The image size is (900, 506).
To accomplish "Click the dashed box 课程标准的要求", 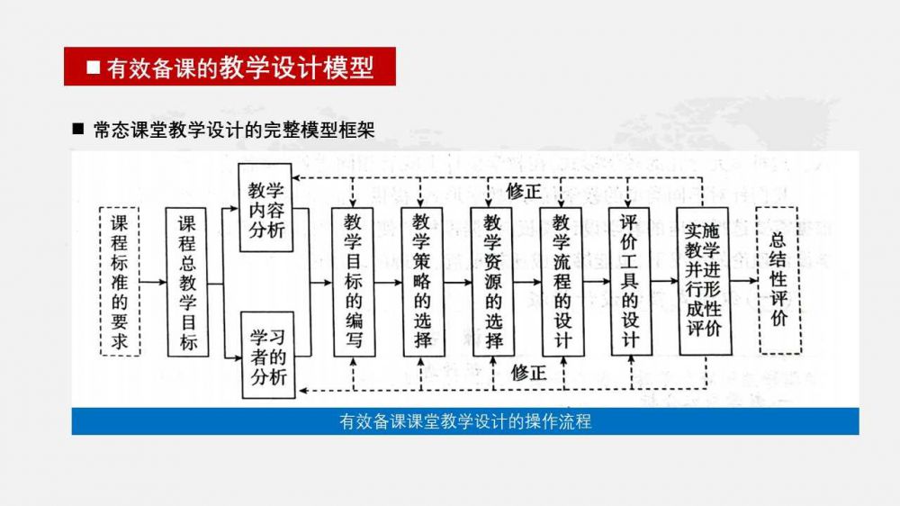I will coord(120,281).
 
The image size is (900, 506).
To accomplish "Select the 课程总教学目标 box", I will coord(187,282).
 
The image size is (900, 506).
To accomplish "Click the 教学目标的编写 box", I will coord(354,282).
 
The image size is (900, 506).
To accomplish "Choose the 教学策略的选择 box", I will coord(423,282).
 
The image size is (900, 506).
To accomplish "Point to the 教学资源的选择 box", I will coord(492,282).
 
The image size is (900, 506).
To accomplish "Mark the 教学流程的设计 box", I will coord(562,282).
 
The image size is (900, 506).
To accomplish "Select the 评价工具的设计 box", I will coord(630,282).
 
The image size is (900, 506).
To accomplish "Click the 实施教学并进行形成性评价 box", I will coord(703,280).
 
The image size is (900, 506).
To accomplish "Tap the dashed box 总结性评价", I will coord(778,280).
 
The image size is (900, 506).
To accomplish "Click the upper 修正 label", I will coord(524,191).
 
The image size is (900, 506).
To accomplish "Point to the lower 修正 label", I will coord(528,372).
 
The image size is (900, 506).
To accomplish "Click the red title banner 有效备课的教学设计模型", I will coord(229,68).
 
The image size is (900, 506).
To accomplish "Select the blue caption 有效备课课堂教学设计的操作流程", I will coord(465,421).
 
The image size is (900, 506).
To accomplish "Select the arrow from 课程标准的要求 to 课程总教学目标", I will coord(154,282).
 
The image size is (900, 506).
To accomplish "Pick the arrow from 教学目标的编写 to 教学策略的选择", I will coord(388,282).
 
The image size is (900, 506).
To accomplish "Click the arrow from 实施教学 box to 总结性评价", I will coord(743,282).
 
